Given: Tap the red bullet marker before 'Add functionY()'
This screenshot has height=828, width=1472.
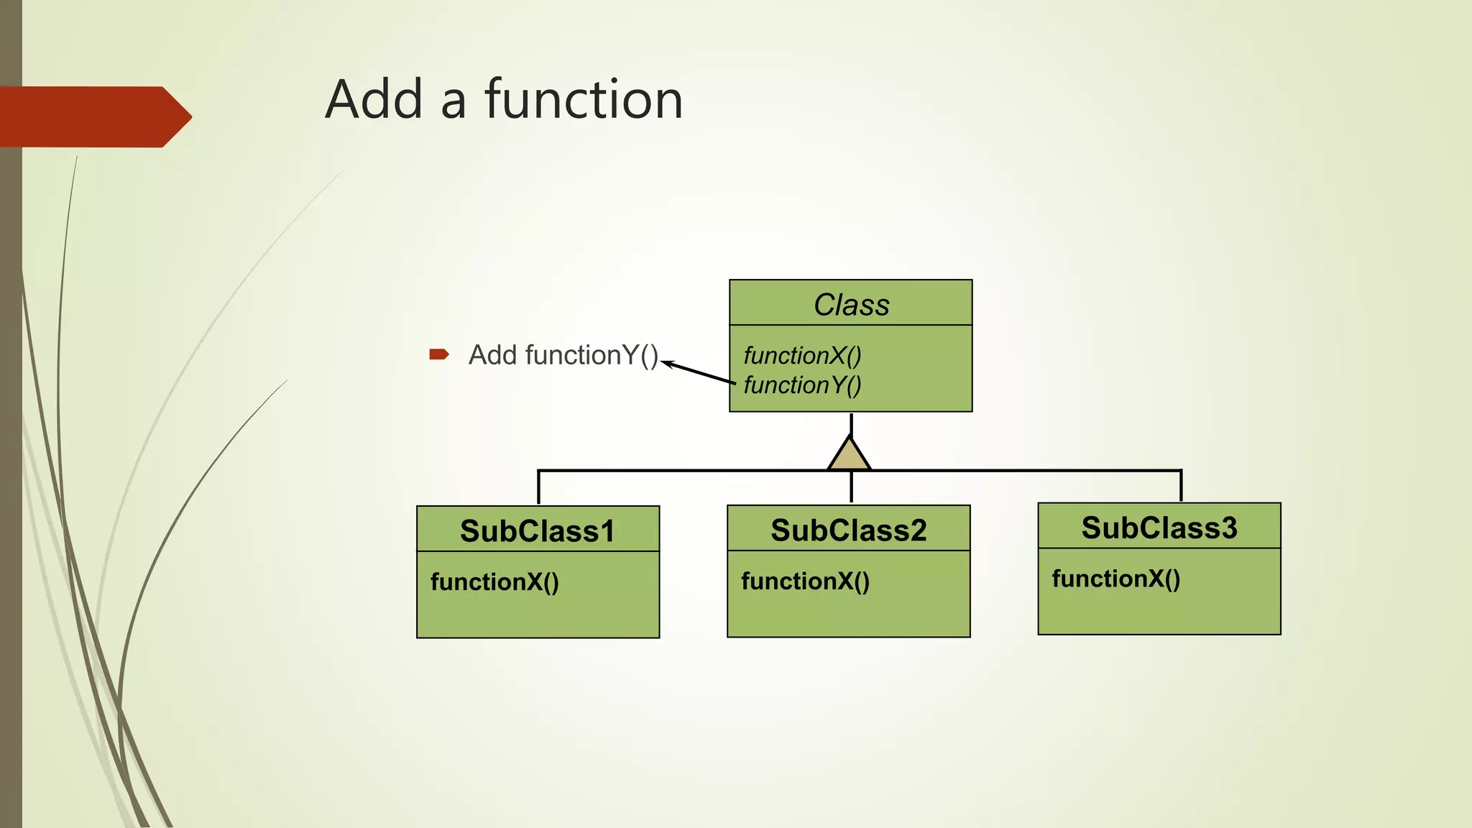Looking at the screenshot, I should [438, 354].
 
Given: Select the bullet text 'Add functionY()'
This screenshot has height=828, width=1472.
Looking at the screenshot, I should [563, 355].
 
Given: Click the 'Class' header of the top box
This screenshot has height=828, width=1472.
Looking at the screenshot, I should [851, 305].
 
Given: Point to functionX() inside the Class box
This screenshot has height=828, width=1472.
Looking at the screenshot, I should [802, 355].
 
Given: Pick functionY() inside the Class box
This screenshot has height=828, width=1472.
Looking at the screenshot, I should [802, 385].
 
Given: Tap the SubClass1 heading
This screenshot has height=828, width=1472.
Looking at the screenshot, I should [538, 531].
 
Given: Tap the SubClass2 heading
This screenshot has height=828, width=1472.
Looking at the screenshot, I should [849, 530].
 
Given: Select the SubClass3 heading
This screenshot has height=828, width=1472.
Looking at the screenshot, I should [1159, 528].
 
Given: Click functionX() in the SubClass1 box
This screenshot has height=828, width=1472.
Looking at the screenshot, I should [494, 581].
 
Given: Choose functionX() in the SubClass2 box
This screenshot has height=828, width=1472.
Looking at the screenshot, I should [805, 581].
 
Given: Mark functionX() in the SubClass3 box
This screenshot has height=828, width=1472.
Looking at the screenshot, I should [1115, 579].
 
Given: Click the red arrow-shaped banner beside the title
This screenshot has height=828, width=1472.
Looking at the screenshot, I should [93, 116].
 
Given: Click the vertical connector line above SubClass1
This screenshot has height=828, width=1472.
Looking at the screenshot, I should [538, 488].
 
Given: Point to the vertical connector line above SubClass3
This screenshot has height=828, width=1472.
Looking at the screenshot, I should [1181, 487].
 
